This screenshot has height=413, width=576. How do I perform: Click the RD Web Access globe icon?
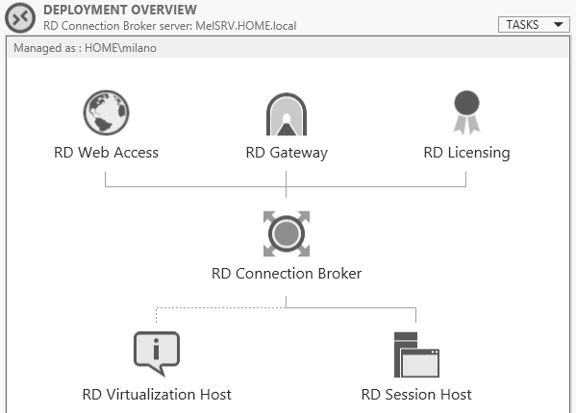106,112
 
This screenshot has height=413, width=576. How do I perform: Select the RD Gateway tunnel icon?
287,114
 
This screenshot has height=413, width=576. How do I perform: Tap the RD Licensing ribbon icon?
466,112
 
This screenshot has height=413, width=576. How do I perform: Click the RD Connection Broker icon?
287,233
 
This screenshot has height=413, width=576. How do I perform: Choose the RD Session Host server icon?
416,354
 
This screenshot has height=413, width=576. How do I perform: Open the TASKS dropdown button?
534,25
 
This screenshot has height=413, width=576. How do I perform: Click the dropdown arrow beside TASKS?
559,25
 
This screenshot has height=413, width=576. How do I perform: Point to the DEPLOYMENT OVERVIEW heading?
120,10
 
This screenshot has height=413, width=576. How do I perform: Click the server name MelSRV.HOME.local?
246,26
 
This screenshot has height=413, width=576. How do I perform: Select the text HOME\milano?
120,48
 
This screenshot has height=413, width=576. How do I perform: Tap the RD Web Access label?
106,152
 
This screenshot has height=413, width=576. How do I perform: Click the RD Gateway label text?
287,153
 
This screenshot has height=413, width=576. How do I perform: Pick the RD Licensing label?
466,153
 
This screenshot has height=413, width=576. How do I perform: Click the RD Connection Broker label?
287,274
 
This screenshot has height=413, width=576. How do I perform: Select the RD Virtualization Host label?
157,395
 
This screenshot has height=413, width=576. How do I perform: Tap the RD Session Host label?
416,395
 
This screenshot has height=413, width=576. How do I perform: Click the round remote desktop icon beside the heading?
20,17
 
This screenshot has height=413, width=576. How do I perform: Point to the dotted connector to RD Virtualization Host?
221,307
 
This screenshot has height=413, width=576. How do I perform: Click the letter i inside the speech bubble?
156,349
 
